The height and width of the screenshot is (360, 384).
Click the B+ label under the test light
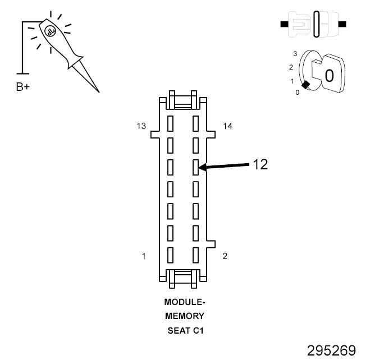point(23,88)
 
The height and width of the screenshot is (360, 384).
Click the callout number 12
point(260,164)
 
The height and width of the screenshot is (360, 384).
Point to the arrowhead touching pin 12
point(202,167)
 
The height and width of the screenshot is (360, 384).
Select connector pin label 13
point(141,126)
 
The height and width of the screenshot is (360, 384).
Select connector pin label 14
point(227,126)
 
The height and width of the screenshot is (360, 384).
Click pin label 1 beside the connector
point(144,256)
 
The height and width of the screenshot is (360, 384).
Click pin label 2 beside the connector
point(225,256)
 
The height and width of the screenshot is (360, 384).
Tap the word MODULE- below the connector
point(185,302)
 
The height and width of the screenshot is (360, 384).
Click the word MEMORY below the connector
point(185,316)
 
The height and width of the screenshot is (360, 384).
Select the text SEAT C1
point(185,330)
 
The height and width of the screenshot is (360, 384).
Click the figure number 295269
point(331,350)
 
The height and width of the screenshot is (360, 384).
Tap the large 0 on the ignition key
point(330,75)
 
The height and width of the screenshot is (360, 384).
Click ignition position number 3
point(294,53)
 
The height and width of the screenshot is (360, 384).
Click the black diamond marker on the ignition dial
point(305,85)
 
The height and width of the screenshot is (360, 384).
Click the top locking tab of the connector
point(184,103)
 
